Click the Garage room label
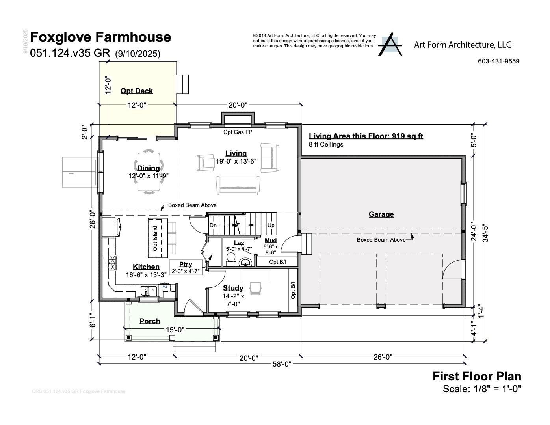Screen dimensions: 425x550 381,214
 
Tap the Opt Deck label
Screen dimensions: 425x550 136,91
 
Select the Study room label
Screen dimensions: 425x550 233,288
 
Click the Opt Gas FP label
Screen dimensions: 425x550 238,132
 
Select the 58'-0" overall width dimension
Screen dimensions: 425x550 282,364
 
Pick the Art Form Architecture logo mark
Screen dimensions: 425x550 390,44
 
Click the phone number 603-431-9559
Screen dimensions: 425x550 498,61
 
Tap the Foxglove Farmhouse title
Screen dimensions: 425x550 100,37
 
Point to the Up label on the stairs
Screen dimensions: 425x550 271,225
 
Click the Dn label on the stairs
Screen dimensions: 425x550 213,225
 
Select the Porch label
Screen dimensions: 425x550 150,321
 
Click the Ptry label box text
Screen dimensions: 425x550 186,265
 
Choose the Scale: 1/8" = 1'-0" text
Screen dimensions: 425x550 482,389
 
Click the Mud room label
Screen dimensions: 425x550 271,240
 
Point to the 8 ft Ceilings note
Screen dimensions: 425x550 326,145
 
